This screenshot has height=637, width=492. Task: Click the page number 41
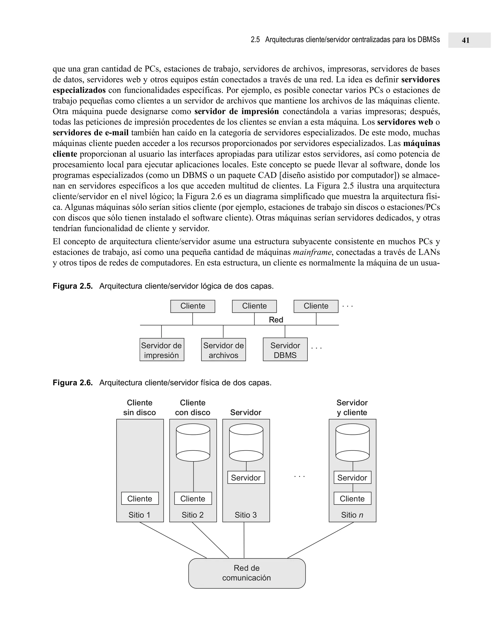(x=466, y=40)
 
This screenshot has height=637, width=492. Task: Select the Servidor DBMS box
(x=285, y=350)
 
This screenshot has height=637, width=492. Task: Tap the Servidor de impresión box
(x=162, y=350)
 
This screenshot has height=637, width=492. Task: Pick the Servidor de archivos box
(x=223, y=350)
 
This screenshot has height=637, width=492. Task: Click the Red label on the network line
(x=276, y=320)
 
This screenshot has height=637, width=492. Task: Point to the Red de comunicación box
(x=247, y=573)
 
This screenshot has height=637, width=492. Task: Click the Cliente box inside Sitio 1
(x=140, y=499)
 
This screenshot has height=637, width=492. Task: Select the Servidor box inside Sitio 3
(x=246, y=477)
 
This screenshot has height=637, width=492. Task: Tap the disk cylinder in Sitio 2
(x=193, y=443)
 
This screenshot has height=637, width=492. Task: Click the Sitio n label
(x=352, y=515)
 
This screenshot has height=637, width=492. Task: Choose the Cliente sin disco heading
(x=140, y=407)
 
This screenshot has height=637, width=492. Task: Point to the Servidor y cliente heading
(x=352, y=407)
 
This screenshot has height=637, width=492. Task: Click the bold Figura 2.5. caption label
(x=73, y=286)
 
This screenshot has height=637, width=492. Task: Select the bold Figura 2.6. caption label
(x=73, y=383)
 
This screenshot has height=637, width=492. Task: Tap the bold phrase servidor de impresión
(x=236, y=112)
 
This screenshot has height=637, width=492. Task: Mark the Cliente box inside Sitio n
(x=352, y=499)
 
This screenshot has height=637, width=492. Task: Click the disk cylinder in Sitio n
(x=352, y=443)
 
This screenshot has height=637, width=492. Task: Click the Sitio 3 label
(x=246, y=515)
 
